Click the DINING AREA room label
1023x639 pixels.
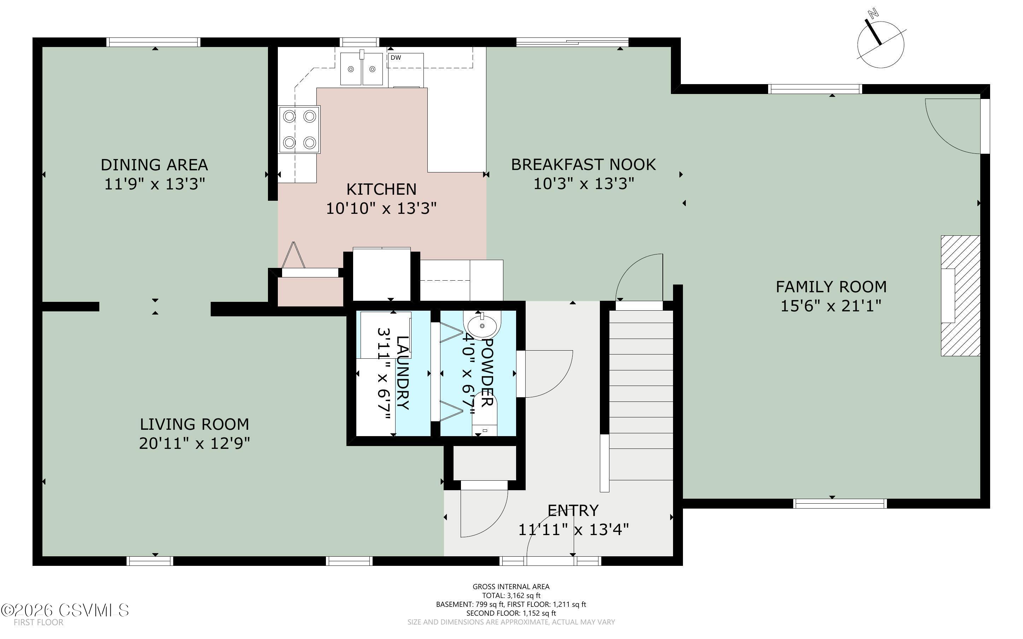click(x=154, y=164)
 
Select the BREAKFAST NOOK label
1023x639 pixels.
click(x=584, y=164)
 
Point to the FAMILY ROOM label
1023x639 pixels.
click(x=831, y=287)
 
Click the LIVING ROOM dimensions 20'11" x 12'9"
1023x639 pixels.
click(x=194, y=443)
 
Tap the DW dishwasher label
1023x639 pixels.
click(x=396, y=58)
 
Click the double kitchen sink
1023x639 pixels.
click(x=361, y=69)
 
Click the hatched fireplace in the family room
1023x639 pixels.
click(x=960, y=296)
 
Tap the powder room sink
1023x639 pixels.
click(x=482, y=326)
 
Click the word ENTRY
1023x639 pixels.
click(x=573, y=510)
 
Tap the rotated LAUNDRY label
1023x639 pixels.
click(x=403, y=373)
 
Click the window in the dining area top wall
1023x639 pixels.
click(x=153, y=42)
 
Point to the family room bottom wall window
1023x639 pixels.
click(x=840, y=503)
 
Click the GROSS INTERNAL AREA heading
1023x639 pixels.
click(x=511, y=587)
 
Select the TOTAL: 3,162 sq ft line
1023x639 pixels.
click(x=511, y=596)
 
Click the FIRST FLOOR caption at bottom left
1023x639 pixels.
click(x=39, y=622)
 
